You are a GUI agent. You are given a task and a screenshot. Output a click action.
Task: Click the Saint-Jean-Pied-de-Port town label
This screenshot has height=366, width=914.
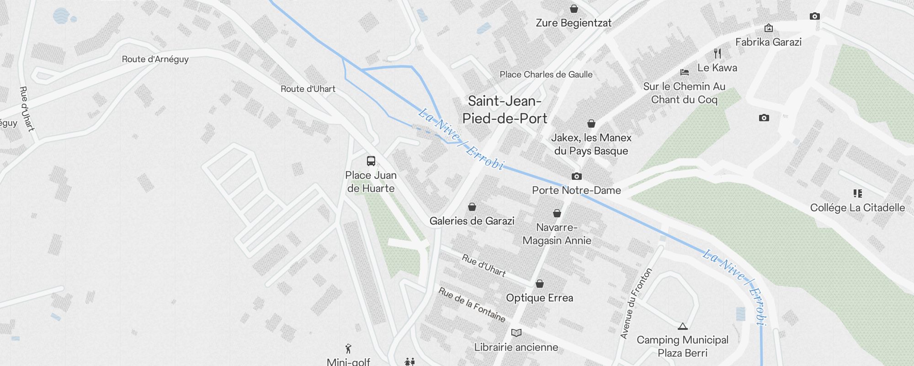click(505, 110)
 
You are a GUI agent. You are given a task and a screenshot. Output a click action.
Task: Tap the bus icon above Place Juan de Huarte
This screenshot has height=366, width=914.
click(371, 161)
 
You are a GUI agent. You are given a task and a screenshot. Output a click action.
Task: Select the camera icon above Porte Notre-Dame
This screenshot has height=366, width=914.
click(577, 177)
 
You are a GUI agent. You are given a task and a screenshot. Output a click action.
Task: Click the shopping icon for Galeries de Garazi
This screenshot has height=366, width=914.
click(472, 207)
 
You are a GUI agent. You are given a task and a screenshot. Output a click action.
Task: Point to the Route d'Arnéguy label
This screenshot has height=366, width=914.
click(155, 59)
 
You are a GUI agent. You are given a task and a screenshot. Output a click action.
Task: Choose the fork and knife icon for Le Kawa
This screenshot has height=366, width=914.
click(717, 54)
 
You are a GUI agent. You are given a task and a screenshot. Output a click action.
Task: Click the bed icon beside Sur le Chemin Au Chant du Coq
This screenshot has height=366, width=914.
click(684, 72)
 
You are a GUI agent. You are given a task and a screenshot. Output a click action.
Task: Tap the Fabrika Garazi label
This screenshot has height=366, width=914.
click(768, 42)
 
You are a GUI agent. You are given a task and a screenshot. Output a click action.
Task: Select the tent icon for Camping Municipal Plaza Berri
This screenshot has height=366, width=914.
click(683, 326)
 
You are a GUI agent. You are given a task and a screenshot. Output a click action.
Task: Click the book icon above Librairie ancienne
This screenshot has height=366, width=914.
click(516, 333)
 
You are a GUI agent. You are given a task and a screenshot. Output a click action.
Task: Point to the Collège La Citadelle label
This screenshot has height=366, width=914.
click(857, 208)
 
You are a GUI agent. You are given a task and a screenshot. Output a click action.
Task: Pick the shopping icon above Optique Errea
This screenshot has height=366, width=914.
click(540, 284)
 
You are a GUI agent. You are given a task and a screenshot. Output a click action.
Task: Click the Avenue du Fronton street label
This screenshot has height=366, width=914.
click(636, 304)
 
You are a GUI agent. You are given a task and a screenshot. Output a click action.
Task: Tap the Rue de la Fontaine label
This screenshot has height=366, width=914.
click(472, 305)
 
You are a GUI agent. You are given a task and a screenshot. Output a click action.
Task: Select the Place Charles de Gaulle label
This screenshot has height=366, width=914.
click(546, 75)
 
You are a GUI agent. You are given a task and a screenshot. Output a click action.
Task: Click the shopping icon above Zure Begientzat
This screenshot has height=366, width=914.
click(574, 9)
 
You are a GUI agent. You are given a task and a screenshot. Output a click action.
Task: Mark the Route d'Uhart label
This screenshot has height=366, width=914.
click(308, 89)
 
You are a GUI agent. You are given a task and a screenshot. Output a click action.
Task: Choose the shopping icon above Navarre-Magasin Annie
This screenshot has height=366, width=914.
click(557, 213)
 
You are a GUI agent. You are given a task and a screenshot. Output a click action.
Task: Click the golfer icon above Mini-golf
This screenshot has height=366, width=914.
click(349, 349)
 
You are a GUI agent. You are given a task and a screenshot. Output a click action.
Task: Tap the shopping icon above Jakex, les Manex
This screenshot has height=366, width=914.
click(591, 124)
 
